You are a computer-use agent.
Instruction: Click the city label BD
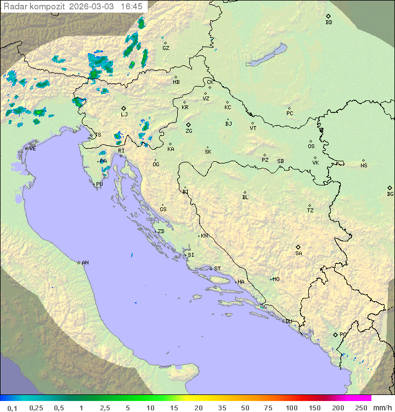[329, 22]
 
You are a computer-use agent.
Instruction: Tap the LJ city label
[124, 115]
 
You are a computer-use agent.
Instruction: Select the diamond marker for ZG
[188, 125]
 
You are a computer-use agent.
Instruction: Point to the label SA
[298, 253]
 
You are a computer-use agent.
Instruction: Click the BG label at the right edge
[390, 194]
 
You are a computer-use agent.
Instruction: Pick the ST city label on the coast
[217, 269]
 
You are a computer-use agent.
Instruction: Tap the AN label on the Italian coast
[85, 263]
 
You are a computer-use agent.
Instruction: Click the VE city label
[32, 149]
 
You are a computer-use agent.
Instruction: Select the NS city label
[364, 166]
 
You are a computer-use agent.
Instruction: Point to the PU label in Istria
[99, 184]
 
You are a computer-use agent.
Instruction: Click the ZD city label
[161, 232]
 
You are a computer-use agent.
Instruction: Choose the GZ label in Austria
[166, 48]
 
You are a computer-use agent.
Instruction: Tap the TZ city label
[311, 211]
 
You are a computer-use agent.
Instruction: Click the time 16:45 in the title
[132, 7]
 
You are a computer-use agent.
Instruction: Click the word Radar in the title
[14, 7]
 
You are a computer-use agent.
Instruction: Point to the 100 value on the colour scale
[291, 408]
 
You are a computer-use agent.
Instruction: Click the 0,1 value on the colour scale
[12, 408]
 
